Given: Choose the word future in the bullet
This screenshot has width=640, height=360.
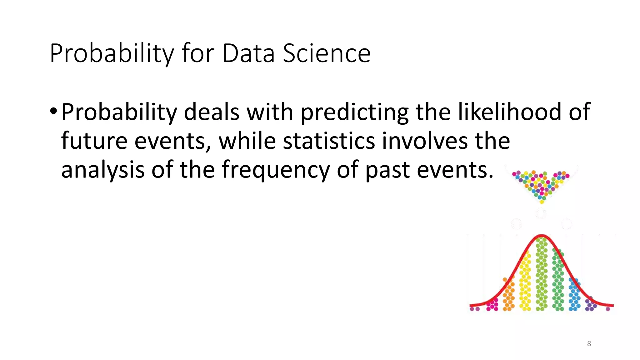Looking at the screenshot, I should (x=94, y=141).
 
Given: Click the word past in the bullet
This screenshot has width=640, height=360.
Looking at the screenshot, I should (x=387, y=170).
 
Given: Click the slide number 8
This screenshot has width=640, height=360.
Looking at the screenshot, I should (x=589, y=344).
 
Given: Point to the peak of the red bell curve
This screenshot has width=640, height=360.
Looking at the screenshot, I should (x=542, y=236).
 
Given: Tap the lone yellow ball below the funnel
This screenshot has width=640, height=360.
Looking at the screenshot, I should (x=542, y=202).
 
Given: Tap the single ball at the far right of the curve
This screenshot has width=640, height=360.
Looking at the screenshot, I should (x=608, y=309).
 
